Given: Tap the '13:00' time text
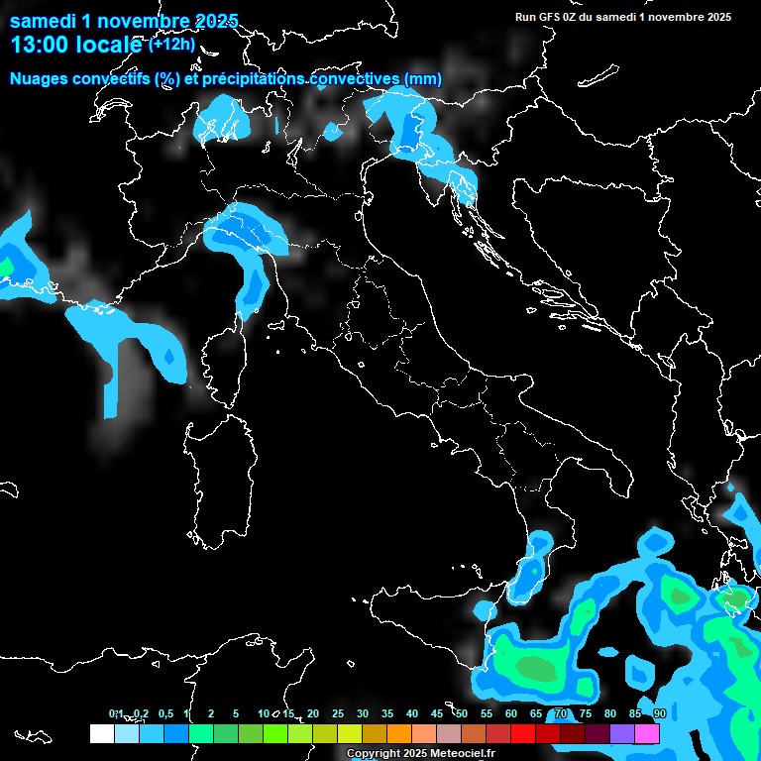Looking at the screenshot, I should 39,45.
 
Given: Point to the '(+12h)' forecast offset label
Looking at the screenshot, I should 171,44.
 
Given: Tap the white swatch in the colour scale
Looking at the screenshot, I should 101,733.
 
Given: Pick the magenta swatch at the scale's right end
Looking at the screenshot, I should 647,733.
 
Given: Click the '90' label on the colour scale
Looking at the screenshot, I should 659,713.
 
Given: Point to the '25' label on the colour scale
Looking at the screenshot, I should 337,713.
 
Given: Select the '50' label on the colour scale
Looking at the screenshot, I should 461,713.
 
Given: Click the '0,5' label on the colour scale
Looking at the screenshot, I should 164,713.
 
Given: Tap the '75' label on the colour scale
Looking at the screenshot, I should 585,713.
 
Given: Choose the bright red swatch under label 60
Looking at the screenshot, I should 523,733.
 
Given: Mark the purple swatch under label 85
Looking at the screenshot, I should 622,733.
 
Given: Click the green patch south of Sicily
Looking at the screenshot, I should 533,667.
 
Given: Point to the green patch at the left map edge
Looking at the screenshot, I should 5,267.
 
